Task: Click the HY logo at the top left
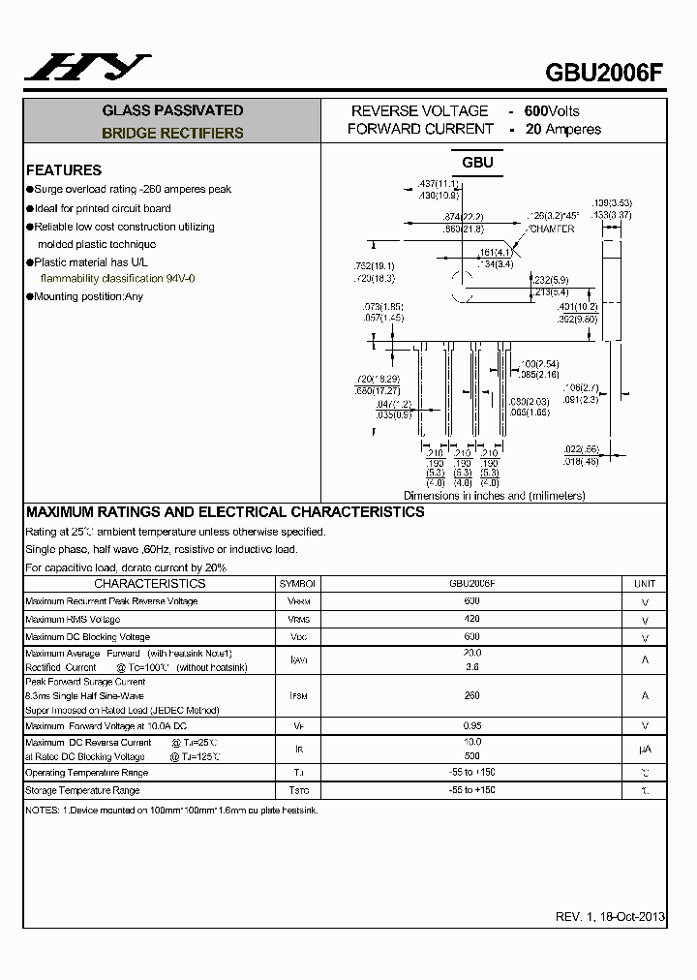(x=88, y=67)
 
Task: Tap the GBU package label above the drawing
(x=477, y=163)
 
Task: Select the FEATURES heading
(x=64, y=169)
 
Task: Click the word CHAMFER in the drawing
(x=551, y=230)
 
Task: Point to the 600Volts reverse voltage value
(x=552, y=111)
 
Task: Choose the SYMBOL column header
(x=298, y=584)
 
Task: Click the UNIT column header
(x=645, y=584)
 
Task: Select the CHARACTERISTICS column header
(x=150, y=584)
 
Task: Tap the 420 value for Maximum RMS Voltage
(x=471, y=619)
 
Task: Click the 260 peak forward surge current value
(x=471, y=695)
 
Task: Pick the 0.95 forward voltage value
(x=471, y=725)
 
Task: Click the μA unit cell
(x=645, y=750)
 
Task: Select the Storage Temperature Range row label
(x=82, y=791)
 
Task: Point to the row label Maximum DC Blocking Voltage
(x=88, y=637)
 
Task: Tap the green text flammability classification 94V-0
(x=117, y=279)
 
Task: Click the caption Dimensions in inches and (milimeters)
(x=494, y=496)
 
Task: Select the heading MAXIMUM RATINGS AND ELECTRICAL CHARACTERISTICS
(x=225, y=512)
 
